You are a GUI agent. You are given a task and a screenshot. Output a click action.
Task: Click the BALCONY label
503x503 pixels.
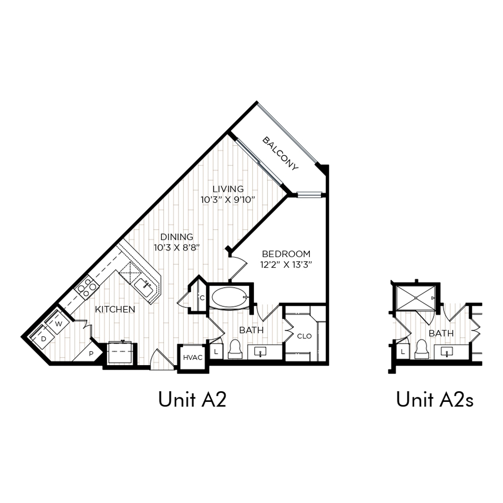[x=280, y=153]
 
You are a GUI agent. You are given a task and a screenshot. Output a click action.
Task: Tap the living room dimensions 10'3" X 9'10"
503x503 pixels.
[x=228, y=200]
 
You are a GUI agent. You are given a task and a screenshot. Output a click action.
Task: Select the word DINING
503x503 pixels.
[x=177, y=237]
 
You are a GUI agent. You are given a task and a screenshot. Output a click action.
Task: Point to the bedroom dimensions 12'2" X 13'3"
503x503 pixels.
[x=286, y=265]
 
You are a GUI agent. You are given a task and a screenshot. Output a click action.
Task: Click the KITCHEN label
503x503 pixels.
[x=115, y=309]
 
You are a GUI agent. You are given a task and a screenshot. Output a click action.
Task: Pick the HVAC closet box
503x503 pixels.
[x=193, y=357]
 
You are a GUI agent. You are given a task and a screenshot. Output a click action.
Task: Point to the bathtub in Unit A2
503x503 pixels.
[x=230, y=297]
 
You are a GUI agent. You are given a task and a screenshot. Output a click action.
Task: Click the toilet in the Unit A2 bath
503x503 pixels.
[x=235, y=349]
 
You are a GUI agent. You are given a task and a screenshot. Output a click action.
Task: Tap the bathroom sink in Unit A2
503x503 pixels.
[x=260, y=352]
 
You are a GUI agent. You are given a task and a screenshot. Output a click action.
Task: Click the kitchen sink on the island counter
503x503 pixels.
[x=145, y=287]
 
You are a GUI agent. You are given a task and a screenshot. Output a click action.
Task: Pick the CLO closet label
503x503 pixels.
[x=304, y=336]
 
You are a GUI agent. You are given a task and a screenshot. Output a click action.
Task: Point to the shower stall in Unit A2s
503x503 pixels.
[x=416, y=298]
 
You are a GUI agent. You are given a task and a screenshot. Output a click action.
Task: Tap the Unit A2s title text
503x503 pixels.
[x=435, y=400]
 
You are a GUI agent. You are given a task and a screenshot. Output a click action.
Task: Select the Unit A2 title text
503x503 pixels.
[x=193, y=400]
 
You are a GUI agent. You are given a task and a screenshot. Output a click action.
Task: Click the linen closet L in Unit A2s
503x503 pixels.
[x=403, y=352]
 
